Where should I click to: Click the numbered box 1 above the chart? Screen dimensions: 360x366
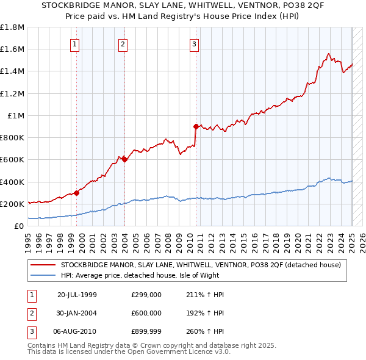coord(74,43)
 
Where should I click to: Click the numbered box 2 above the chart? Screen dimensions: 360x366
coord(123,43)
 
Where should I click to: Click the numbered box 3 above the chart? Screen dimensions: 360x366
coord(194,43)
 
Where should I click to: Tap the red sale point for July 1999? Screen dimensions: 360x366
coord(77,193)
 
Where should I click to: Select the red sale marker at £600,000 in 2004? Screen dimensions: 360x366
coord(124,160)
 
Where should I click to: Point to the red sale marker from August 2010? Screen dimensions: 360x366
coord(196,127)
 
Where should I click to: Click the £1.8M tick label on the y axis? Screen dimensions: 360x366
coord(12,27)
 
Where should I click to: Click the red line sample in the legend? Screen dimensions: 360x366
coord(42,265)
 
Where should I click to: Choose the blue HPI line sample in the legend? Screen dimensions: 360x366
coord(42,275)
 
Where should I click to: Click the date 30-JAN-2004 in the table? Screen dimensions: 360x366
coord(77,312)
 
